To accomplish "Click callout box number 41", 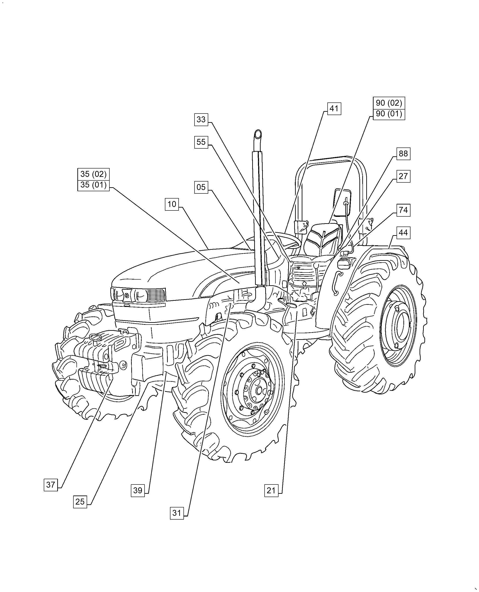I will click(334, 109).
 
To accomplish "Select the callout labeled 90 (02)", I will click(389, 103).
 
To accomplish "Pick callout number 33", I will click(201, 120).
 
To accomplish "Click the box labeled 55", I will click(201, 142).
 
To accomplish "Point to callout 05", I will click(201, 187).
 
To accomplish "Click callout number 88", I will click(403, 153).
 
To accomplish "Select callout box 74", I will click(403, 210).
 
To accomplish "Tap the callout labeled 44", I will click(403, 233).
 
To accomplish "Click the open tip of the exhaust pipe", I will click(258, 134).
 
